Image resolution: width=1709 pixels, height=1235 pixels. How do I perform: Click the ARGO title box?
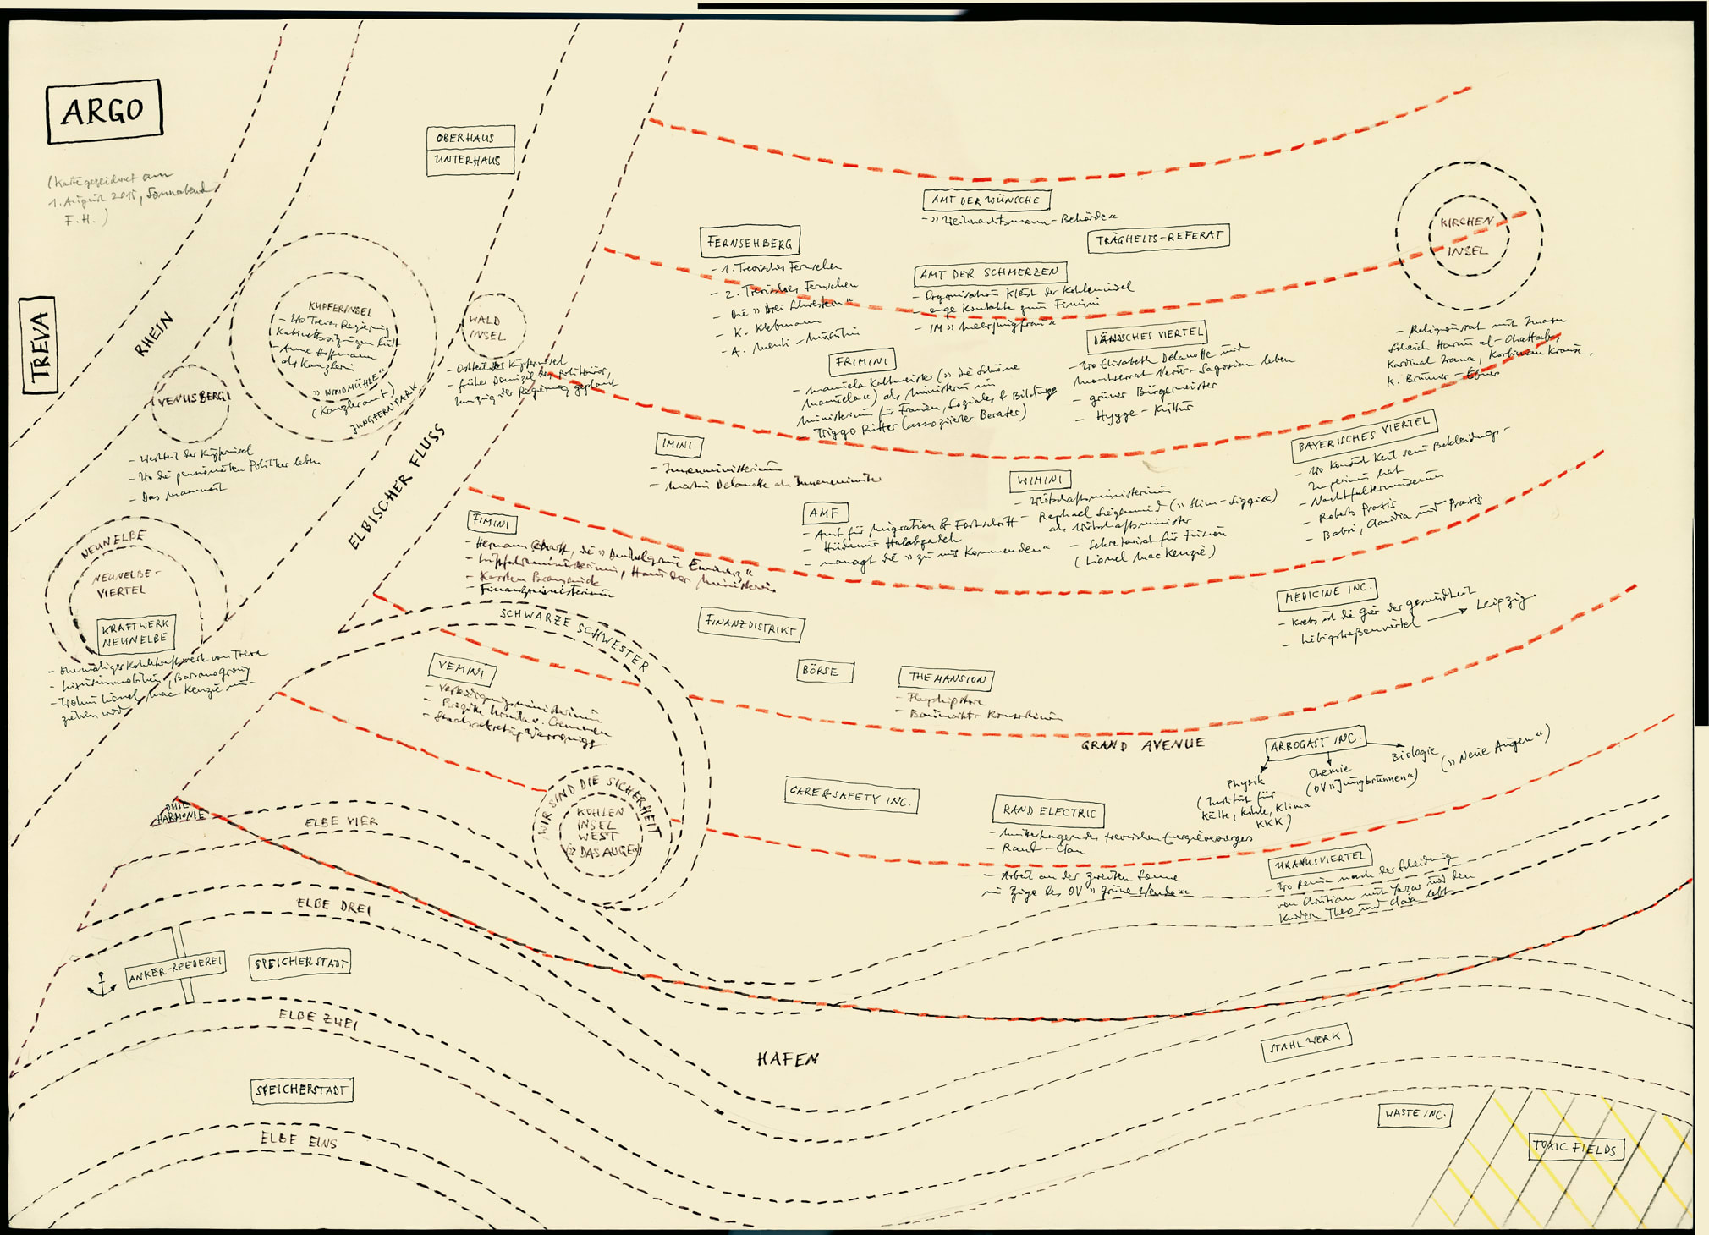point(104,111)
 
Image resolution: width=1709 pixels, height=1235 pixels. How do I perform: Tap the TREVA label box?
point(39,345)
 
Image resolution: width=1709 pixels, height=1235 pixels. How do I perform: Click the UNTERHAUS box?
point(469,161)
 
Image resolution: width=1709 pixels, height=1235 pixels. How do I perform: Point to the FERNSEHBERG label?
point(750,243)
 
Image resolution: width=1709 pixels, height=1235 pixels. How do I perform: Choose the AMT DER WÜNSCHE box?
point(986,200)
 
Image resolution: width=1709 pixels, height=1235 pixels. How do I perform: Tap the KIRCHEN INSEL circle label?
point(1468,236)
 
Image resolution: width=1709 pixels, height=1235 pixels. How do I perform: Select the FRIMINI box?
point(861,362)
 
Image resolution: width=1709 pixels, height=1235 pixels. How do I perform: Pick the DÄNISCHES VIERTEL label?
point(1147,337)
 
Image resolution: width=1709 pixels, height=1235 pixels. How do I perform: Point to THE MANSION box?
point(946,678)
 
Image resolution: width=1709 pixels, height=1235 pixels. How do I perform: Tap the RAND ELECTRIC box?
point(1048,812)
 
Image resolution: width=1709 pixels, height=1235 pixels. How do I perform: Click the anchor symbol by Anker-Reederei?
point(102,985)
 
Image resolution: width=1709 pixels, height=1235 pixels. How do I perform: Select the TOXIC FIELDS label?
point(1575,1148)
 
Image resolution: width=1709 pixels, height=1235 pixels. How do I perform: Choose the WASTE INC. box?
point(1415,1114)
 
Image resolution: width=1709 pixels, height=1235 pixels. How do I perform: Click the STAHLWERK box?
point(1305,1042)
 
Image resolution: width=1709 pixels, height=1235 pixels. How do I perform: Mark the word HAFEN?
point(787,1059)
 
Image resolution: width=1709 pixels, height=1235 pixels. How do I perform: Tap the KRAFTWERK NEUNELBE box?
point(135,633)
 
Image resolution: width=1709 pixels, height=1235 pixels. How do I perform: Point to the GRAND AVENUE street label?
point(1142,745)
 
